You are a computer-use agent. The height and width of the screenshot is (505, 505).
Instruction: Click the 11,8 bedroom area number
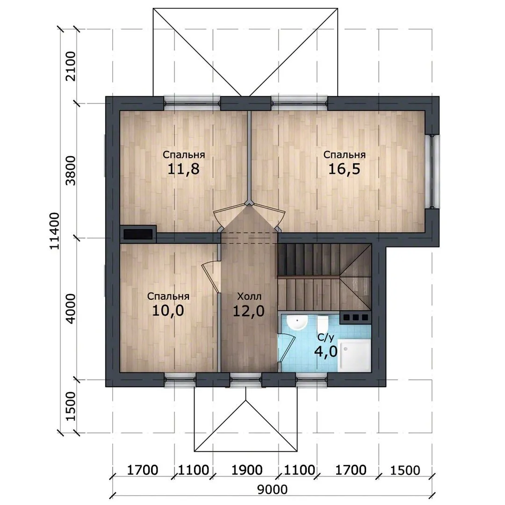184,169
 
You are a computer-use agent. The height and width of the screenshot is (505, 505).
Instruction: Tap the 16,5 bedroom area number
344,169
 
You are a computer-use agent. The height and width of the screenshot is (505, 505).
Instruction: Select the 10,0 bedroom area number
168,310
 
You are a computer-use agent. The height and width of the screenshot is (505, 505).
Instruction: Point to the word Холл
249,296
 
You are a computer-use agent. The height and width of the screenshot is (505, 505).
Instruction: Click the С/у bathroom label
325,337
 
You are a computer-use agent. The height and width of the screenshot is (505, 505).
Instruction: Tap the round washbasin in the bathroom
297,322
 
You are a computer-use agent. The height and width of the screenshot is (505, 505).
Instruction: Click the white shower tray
354,357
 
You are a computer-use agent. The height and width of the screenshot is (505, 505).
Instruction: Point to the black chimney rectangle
138,234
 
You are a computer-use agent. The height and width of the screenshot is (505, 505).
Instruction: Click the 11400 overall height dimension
54,231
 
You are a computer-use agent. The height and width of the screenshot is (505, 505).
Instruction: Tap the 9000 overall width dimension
273,490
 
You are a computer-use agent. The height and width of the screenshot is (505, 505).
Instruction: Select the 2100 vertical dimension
70,66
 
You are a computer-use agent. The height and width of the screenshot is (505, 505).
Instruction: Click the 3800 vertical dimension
70,171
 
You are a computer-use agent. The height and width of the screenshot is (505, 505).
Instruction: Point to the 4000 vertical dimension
70,309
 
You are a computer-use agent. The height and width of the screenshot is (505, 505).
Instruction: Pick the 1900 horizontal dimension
247,470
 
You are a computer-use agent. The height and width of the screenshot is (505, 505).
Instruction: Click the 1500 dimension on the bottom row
405,470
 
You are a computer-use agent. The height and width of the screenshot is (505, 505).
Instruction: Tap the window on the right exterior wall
432,171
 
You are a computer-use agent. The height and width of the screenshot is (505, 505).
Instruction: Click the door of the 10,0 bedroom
210,279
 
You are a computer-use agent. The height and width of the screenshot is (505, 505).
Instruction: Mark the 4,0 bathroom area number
325,351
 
